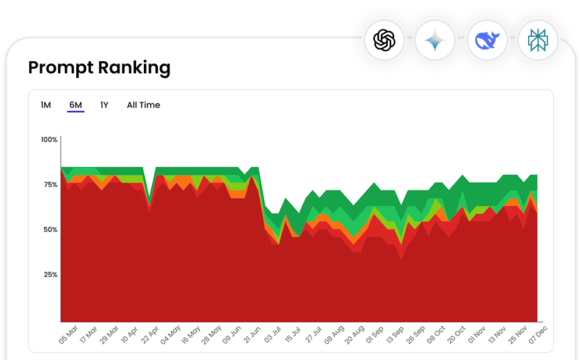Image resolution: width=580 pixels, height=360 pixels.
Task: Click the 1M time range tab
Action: [x=46, y=105]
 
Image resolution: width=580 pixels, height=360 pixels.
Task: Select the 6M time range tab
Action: [x=76, y=105]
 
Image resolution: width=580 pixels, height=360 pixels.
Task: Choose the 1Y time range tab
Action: [x=104, y=105]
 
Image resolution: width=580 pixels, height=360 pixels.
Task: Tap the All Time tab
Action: [x=143, y=105]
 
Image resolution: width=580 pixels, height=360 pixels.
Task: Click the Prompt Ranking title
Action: [x=99, y=68]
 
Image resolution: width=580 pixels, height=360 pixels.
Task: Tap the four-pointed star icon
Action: [x=435, y=41]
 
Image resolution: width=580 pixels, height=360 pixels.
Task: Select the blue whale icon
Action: [x=487, y=41]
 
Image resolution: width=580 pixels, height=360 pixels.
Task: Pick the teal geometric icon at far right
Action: [x=537, y=41]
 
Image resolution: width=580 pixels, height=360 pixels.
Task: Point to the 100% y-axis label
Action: [x=49, y=140]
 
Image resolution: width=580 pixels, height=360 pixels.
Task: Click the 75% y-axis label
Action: [x=50, y=185]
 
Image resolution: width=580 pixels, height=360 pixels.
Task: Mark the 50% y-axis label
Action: [x=50, y=230]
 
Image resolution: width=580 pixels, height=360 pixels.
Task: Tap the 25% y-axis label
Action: [x=50, y=274]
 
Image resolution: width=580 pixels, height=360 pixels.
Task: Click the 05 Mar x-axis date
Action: [x=69, y=336]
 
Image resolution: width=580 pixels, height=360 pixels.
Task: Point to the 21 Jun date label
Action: [x=252, y=336]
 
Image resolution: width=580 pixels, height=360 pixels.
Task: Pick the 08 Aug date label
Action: [x=334, y=336]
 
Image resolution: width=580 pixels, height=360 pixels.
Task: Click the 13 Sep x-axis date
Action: [x=395, y=336]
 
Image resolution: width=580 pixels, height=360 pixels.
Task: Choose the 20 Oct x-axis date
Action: [x=457, y=336]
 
